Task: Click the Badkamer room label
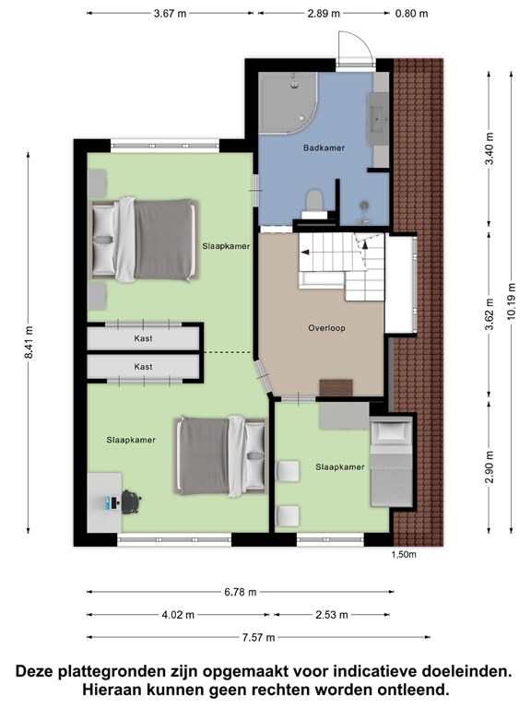324,147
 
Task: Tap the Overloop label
326,328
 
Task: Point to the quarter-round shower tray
288,103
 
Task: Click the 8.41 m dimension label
29,342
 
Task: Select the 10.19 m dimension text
511,301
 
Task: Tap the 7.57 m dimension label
258,637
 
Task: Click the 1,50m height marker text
404,554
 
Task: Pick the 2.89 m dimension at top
324,13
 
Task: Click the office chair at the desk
131,501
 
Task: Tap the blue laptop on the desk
111,502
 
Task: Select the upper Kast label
143,338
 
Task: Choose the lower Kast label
143,367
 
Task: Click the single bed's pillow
391,432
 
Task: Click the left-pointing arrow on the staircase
306,252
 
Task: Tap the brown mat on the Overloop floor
336,387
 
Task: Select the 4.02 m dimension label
178,615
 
